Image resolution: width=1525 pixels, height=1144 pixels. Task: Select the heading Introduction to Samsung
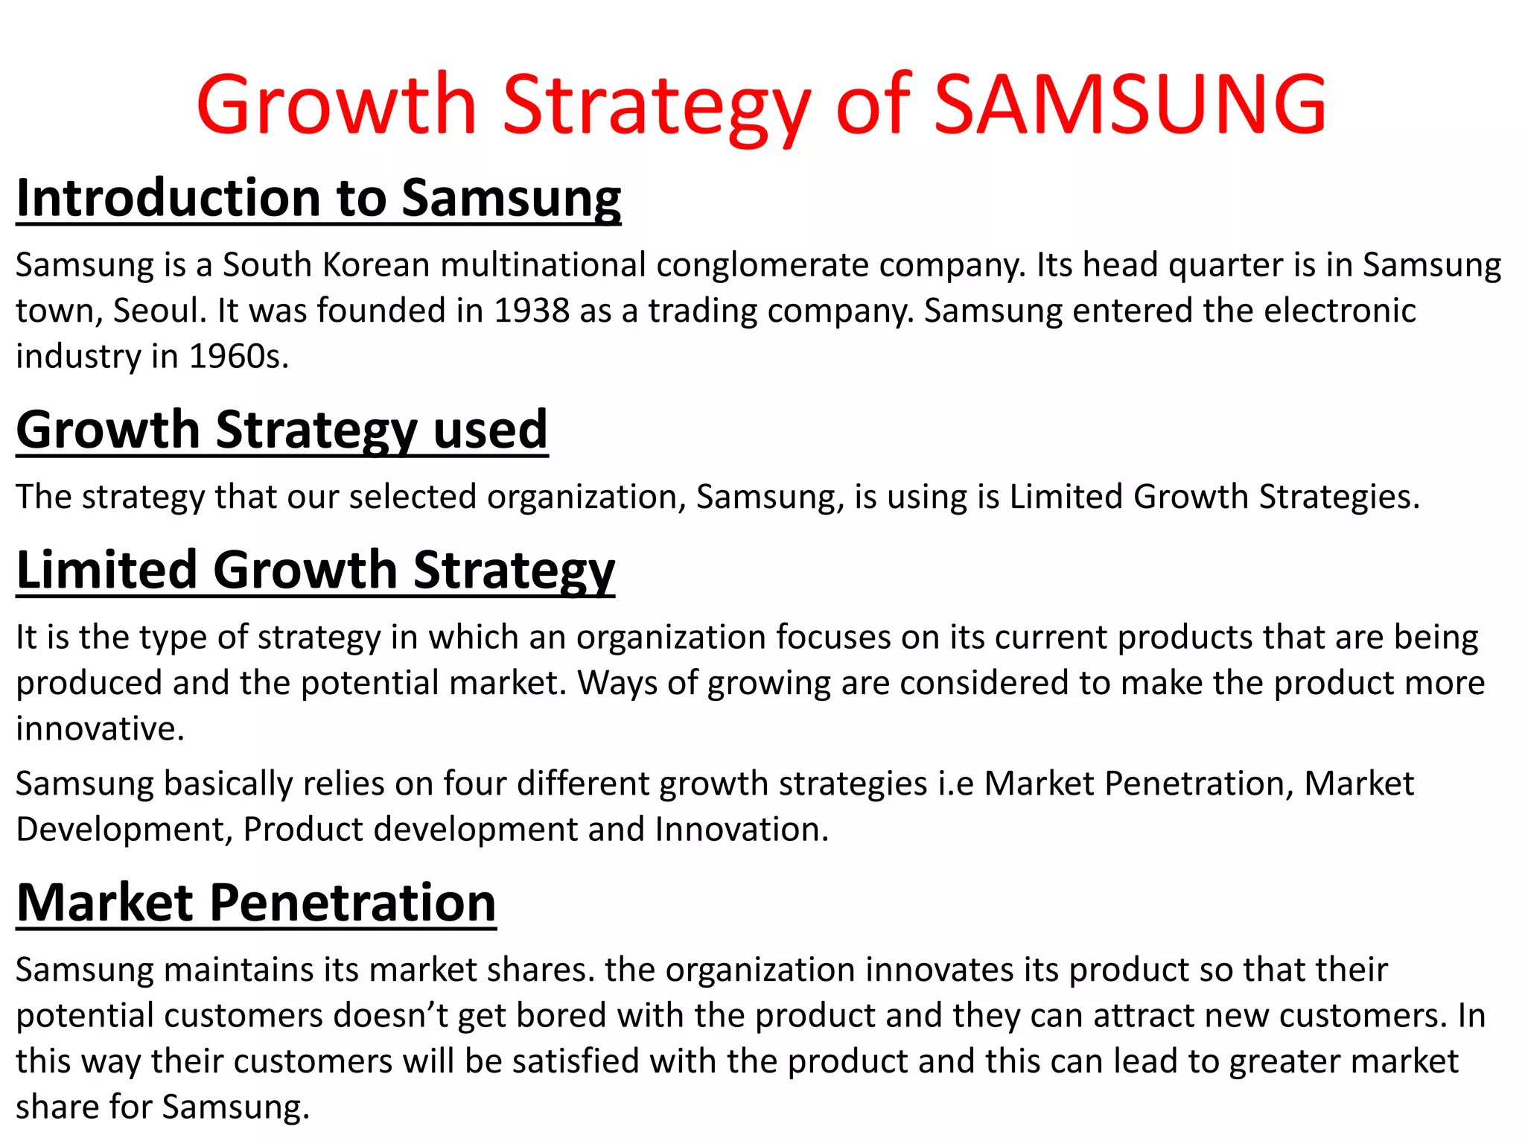[319, 198]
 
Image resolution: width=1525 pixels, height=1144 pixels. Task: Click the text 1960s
[238, 357]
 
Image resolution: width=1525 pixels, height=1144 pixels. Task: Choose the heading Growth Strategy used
[282, 430]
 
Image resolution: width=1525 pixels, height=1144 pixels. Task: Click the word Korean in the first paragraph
[376, 265]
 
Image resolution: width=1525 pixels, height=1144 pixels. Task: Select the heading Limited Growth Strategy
[316, 570]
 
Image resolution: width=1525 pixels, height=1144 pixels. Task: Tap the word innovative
[100, 728]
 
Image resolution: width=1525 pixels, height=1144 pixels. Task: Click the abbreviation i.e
[955, 784]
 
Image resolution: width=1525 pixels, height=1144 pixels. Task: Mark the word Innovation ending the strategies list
[741, 830]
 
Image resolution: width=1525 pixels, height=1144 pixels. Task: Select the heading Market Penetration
[256, 903]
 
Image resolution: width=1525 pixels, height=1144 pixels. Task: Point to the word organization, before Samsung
[587, 497]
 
